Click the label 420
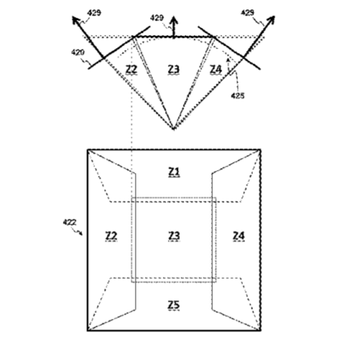pyautogui.click(x=78, y=52)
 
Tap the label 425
pyautogui.click(x=238, y=96)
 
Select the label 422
pyautogui.click(x=69, y=222)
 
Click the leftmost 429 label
pyautogui.click(x=94, y=13)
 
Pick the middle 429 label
pyautogui.click(x=157, y=18)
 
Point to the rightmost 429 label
pyautogui.click(x=248, y=12)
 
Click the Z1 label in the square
pyautogui.click(x=174, y=172)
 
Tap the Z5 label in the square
pyautogui.click(x=174, y=305)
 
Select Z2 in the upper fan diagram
pyautogui.click(x=131, y=69)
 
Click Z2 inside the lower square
pyautogui.click(x=111, y=236)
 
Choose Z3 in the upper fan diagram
pyautogui.click(x=174, y=69)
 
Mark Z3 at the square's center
pyautogui.click(x=174, y=236)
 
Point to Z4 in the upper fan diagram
pyautogui.click(x=216, y=69)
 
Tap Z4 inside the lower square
pyautogui.click(x=239, y=236)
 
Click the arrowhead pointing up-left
pyautogui.click(x=76, y=20)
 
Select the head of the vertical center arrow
pyautogui.click(x=174, y=20)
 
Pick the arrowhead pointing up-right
pyautogui.click(x=271, y=20)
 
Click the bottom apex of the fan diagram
pyautogui.click(x=174, y=129)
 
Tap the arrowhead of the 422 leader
pyautogui.click(x=81, y=234)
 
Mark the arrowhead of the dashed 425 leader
pyautogui.click(x=228, y=59)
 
